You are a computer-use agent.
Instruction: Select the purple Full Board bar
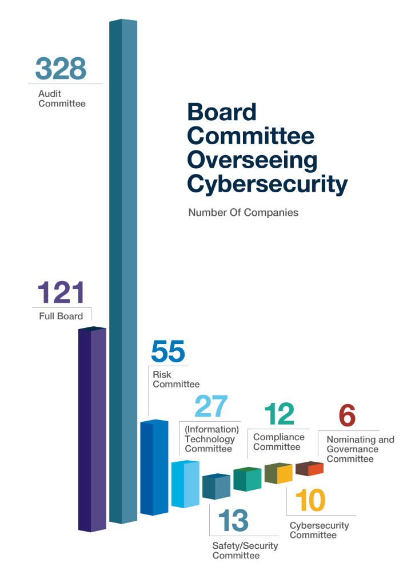click(92, 429)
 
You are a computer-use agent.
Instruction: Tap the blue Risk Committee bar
click(154, 467)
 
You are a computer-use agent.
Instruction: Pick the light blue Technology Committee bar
click(185, 484)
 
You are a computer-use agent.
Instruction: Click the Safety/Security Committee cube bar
click(216, 486)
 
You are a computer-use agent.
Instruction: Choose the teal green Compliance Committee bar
click(247, 480)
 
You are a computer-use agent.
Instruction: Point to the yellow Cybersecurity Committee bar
click(278, 473)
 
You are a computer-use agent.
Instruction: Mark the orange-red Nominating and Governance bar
click(309, 469)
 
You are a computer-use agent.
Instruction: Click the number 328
click(61, 69)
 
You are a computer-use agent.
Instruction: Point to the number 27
click(211, 407)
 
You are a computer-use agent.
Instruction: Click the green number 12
click(280, 414)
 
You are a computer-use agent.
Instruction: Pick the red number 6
click(347, 415)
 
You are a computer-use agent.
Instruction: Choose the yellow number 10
click(310, 501)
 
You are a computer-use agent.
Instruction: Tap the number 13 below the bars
click(233, 521)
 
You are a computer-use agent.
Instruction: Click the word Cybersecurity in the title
click(267, 185)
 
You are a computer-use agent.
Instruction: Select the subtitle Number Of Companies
click(244, 213)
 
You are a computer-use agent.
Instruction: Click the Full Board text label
click(61, 316)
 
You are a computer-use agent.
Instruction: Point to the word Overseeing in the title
click(252, 160)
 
